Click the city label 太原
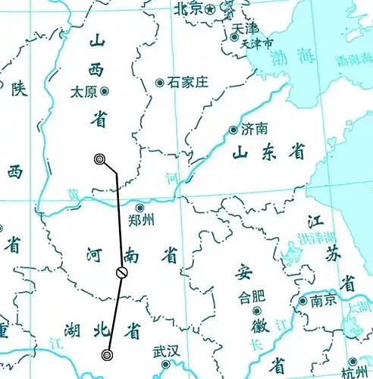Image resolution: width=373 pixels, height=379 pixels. pos(83,91)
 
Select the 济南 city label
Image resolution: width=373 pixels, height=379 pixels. pos(254,130)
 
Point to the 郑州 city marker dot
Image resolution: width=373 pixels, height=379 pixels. pos(139,207)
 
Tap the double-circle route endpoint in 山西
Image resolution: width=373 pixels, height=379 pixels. pos(99,158)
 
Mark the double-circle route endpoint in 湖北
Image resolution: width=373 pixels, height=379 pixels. pos(107,354)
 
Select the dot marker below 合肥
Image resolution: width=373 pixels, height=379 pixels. pos(256,312)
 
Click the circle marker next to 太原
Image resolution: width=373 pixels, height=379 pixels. pos(105,91)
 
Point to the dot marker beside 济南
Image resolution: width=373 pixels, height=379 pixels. pos(234,130)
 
